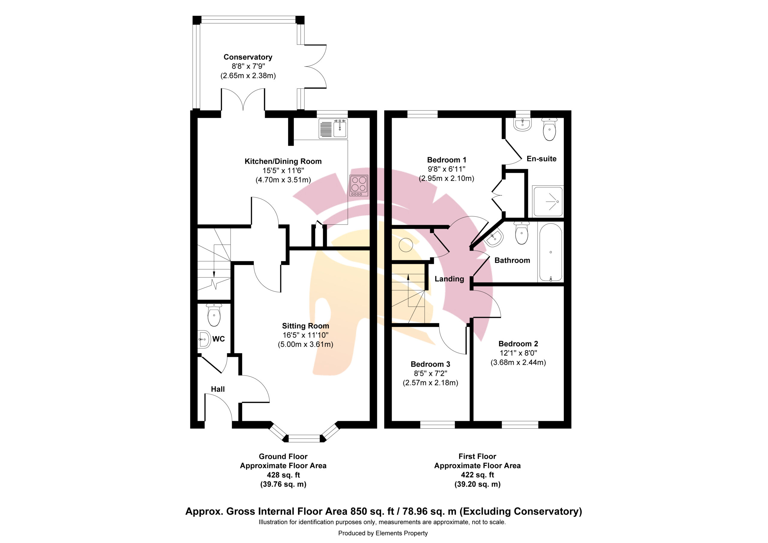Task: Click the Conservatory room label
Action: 248,57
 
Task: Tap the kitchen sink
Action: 333,128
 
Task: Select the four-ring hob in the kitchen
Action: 359,186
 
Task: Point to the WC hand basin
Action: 204,339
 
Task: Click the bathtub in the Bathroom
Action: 550,252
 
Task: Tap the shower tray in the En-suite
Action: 548,201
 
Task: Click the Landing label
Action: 449,279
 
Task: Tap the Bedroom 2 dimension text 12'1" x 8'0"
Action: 518,353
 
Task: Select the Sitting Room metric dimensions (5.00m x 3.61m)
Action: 305,345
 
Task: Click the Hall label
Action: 218,389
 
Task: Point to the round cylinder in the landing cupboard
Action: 406,245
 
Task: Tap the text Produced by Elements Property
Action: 383,533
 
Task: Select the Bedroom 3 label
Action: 430,364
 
